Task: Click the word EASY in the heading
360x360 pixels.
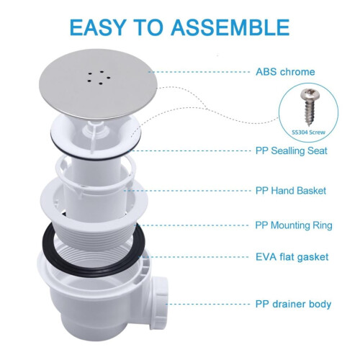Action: tap(98, 27)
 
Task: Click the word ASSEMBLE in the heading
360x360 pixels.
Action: tap(230, 27)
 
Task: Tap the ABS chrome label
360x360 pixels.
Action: tap(285, 72)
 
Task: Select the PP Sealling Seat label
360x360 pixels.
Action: tap(292, 151)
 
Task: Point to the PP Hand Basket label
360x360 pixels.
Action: tap(291, 191)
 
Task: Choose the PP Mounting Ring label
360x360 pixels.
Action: tap(294, 225)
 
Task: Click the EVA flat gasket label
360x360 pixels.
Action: tap(292, 257)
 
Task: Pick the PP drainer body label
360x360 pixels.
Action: tap(293, 304)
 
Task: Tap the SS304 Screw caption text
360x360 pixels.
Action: tap(308, 132)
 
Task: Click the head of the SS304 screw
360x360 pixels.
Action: tap(310, 94)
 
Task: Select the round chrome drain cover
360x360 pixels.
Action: tap(98, 84)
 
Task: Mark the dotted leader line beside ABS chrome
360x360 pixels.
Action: tap(199, 72)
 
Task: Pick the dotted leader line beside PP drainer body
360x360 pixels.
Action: tap(208, 305)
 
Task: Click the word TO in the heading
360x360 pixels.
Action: tap(148, 27)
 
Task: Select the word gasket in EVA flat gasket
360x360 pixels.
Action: tap(312, 258)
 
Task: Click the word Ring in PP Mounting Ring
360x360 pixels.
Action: tap(323, 226)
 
